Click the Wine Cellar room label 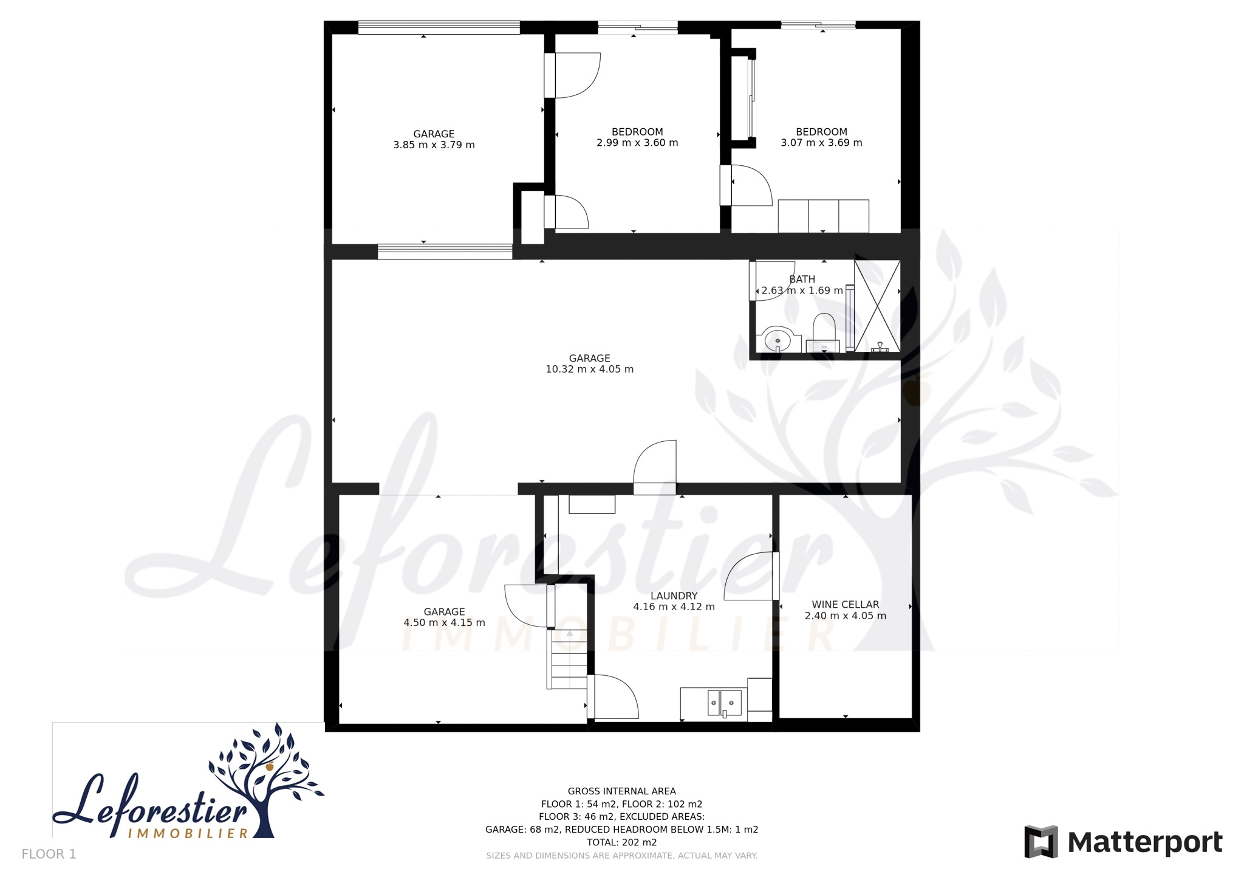(x=845, y=605)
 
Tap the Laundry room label (x=674, y=596)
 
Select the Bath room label (x=802, y=280)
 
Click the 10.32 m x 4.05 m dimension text (x=589, y=370)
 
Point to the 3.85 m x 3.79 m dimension (x=434, y=145)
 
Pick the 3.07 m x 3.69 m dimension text (x=821, y=143)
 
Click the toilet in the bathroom (x=823, y=332)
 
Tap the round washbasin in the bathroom (x=777, y=340)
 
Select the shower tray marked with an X (x=877, y=306)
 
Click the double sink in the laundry (x=725, y=703)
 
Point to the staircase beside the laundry (x=567, y=659)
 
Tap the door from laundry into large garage (x=655, y=467)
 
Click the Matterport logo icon (x=1041, y=842)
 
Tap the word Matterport (x=1145, y=843)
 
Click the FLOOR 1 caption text (x=49, y=854)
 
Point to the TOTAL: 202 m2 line (x=621, y=843)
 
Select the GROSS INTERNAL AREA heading (x=621, y=791)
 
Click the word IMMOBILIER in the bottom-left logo (x=188, y=833)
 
